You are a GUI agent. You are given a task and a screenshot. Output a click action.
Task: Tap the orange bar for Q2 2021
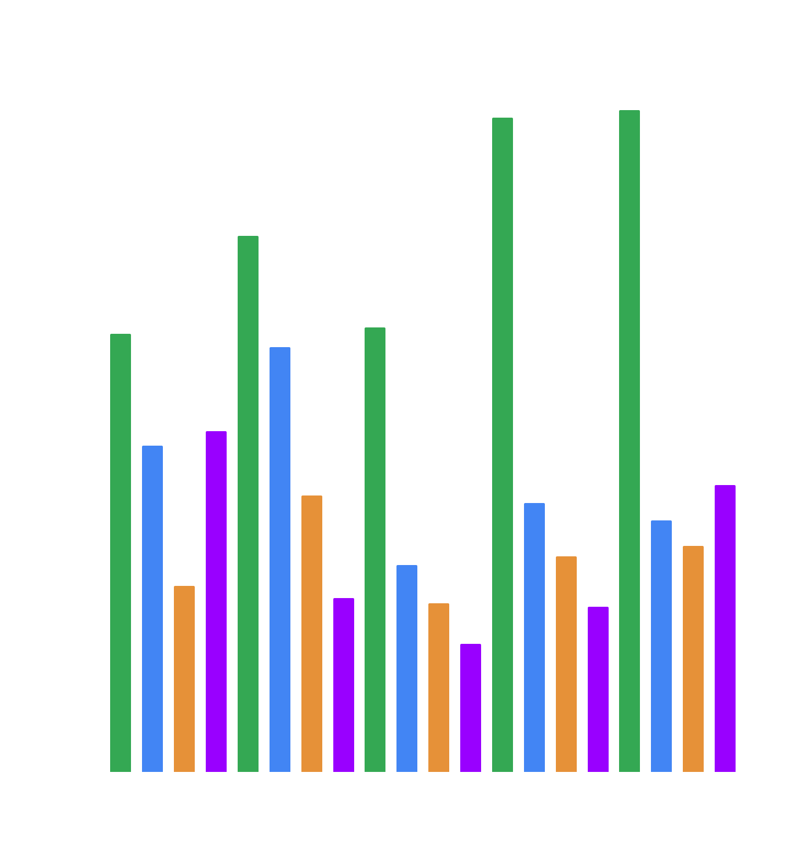(184, 679)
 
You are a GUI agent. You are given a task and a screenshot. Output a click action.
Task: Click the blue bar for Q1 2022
(280, 559)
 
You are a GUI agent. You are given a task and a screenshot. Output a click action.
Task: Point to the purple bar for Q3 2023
(471, 708)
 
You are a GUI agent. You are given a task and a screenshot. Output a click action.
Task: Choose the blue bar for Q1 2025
(661, 646)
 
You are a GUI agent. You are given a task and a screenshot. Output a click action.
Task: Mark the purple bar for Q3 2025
(725, 628)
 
